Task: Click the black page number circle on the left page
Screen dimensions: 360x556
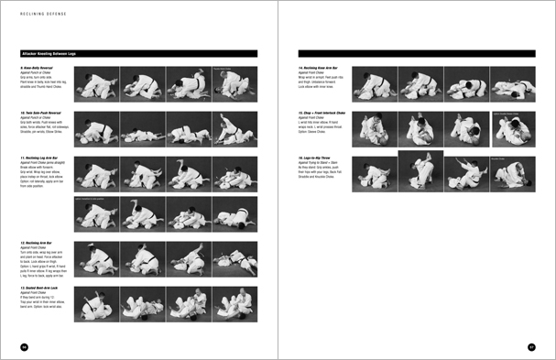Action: (25, 345)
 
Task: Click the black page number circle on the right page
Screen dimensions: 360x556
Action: (531, 345)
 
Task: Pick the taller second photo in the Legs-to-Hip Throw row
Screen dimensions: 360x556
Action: (420, 176)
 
